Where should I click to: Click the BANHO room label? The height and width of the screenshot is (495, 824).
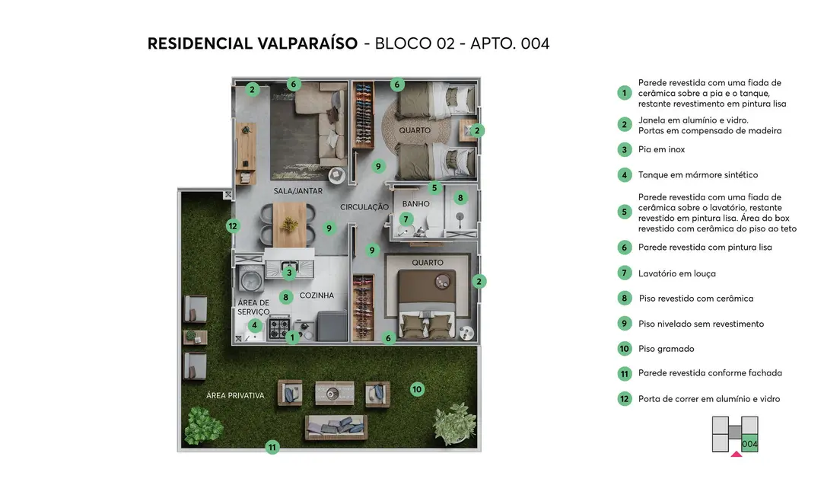coord(415,204)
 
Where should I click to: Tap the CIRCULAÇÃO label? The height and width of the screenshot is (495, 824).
coord(364,207)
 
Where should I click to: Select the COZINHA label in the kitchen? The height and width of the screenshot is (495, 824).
coord(317,295)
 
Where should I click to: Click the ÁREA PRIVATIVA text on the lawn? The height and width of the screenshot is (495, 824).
coord(235,395)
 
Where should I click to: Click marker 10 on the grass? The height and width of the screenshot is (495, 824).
coord(417,389)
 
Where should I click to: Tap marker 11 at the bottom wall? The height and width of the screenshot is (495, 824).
coord(272,447)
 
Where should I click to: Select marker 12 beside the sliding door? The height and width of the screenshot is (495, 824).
coord(233,225)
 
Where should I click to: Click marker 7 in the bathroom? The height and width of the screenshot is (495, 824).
coord(406,219)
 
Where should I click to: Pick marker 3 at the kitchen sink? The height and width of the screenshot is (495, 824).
coord(289,273)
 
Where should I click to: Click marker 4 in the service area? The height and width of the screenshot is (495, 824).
coord(255,325)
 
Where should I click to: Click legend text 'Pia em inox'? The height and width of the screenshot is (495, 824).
coord(661,150)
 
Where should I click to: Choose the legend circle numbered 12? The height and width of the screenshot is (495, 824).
coord(625,398)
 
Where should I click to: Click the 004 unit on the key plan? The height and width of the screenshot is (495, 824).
coord(749,443)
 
